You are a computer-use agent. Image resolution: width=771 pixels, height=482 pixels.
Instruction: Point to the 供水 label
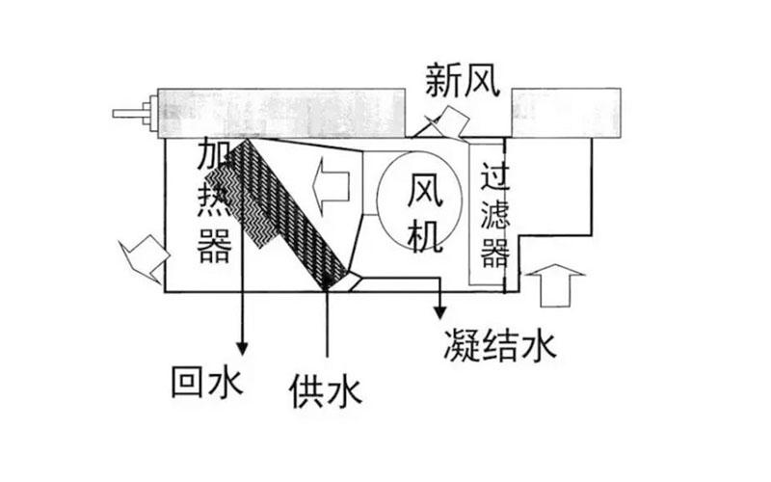click(325, 390)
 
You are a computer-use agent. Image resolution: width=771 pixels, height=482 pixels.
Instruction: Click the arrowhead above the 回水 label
click(242, 344)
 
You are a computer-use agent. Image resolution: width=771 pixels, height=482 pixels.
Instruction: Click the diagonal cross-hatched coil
click(289, 212)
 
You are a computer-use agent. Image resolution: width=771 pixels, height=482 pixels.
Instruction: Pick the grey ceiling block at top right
click(564, 111)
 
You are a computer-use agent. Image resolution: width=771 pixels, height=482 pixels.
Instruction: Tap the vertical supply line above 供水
click(328, 328)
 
